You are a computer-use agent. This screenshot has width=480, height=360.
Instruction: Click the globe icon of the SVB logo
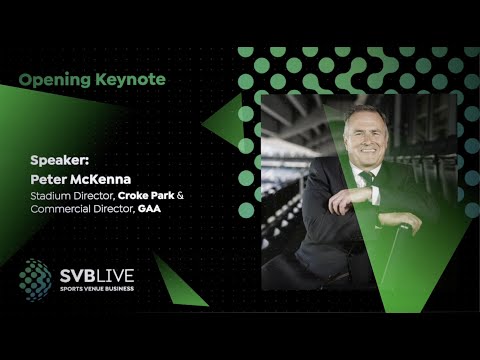[34, 279]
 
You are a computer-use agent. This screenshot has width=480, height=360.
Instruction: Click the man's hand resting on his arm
[346, 199]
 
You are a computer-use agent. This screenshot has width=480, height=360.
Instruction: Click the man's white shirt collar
[359, 171]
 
